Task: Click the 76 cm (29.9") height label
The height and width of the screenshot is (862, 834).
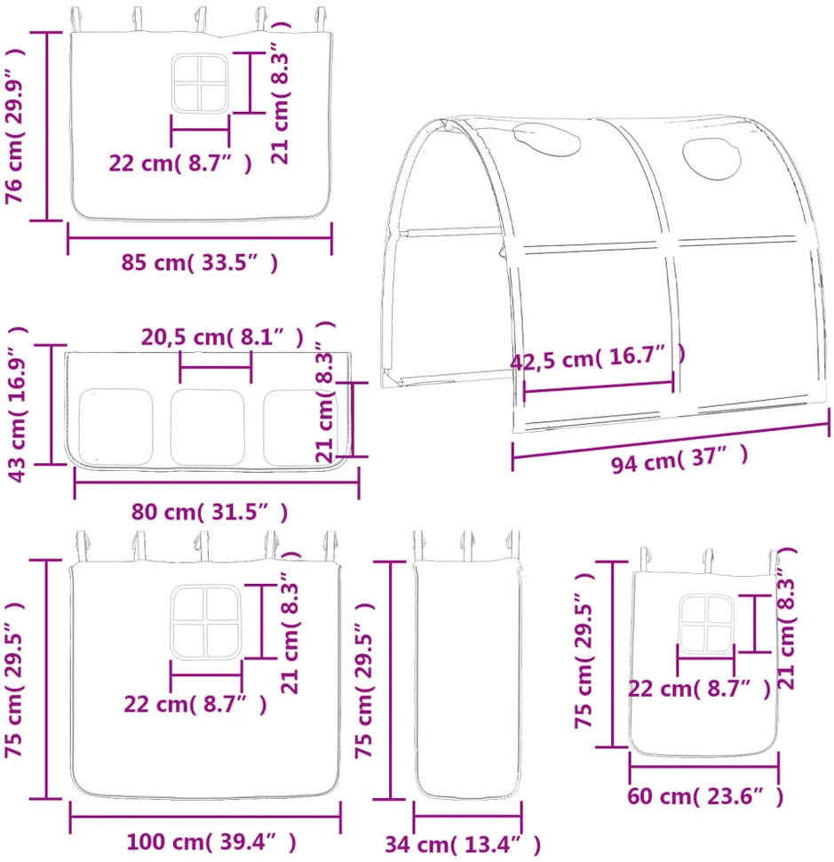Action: tap(15, 126)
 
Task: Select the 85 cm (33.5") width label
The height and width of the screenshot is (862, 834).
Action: tap(200, 263)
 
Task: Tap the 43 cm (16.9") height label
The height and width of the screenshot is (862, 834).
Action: tap(17, 404)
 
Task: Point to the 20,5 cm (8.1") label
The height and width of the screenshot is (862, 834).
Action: tap(222, 337)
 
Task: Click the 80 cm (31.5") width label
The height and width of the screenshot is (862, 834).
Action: tap(210, 512)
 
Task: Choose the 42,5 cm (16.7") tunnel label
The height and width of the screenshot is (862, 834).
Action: tap(598, 358)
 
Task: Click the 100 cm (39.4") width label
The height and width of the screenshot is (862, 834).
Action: tap(211, 842)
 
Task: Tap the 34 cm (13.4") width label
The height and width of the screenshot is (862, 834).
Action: tap(463, 844)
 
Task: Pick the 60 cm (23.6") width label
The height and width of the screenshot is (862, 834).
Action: tap(705, 796)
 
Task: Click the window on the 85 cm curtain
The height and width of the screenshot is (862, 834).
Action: tap(200, 83)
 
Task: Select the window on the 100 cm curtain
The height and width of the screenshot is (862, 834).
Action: tap(206, 622)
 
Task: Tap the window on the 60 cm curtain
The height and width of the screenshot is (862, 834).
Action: tap(706, 625)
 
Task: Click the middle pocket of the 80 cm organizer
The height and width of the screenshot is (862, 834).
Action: tap(207, 427)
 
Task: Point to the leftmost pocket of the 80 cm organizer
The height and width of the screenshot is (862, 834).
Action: tap(115, 427)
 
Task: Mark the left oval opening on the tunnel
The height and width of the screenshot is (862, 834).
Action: tap(546, 140)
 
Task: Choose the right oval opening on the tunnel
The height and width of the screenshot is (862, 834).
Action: tap(711, 158)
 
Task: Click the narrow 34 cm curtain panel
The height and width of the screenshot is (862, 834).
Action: tap(467, 679)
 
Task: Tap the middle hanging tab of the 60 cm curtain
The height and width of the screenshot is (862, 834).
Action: tap(708, 561)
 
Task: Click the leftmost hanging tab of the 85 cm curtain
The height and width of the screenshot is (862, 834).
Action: tap(77, 20)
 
